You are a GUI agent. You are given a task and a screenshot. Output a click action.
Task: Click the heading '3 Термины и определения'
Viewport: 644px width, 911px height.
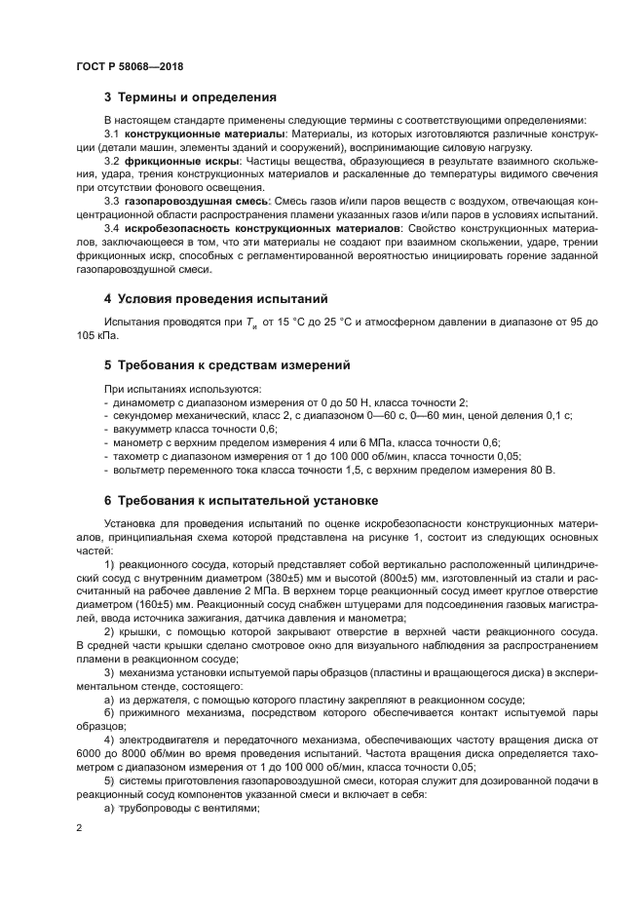point(190,97)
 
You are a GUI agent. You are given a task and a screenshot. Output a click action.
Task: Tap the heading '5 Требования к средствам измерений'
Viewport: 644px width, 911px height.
point(226,365)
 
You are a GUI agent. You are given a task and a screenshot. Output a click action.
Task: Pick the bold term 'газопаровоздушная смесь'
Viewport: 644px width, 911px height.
point(185,200)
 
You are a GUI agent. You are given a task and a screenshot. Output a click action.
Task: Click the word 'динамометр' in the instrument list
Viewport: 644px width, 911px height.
point(142,402)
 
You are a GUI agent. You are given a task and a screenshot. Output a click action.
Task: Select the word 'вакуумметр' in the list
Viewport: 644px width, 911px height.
point(142,429)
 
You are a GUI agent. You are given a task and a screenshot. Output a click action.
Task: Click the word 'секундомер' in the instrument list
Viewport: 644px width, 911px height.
point(142,416)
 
